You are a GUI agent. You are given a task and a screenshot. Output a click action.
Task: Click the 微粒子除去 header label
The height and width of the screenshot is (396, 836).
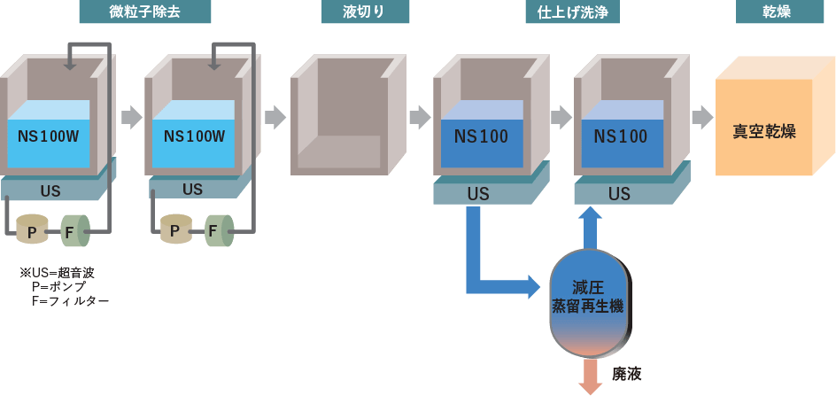145,12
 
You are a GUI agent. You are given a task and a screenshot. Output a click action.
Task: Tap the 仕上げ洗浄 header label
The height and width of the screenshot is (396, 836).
578,12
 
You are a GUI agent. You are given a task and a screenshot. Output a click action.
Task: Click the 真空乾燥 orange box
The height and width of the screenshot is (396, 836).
763,130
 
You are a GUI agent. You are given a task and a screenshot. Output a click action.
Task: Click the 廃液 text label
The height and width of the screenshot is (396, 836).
627,373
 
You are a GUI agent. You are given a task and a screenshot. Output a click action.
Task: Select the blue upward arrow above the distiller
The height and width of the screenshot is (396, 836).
592,225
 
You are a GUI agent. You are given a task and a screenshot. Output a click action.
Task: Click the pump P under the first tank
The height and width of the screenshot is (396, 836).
32,232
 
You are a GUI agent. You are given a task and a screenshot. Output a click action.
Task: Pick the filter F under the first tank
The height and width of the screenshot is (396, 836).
73,232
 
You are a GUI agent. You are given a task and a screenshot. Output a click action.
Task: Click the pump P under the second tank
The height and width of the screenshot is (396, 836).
175,231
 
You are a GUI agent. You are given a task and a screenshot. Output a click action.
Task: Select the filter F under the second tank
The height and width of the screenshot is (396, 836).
216,231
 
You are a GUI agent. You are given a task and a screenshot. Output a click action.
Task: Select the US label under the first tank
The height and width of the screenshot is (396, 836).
50,190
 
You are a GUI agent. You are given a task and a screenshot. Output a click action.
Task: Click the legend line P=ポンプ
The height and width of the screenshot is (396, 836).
58,287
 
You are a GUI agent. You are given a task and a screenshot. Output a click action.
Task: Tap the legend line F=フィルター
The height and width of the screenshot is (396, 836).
70,301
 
